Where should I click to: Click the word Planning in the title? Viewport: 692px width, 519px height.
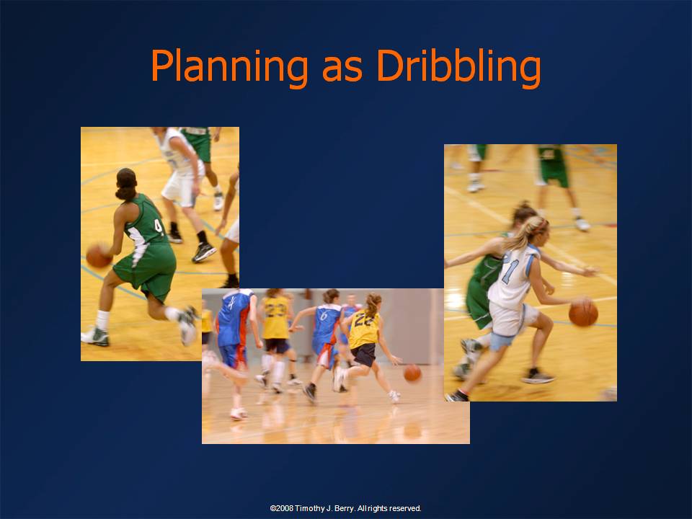(229, 67)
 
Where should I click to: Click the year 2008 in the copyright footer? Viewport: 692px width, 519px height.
(284, 508)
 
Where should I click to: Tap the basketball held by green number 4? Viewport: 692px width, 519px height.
(99, 256)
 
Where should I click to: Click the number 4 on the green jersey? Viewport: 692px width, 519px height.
(159, 226)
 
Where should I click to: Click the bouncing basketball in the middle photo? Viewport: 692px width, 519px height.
(412, 373)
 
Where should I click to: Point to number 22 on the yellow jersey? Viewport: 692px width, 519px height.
(363, 319)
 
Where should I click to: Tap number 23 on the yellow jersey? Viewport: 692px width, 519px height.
(275, 309)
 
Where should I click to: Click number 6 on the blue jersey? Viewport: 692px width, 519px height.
(324, 315)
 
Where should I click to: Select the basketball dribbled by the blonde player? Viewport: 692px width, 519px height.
(583, 312)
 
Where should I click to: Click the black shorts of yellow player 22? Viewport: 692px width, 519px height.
(363, 355)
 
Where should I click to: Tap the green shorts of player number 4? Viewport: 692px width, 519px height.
(146, 269)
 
